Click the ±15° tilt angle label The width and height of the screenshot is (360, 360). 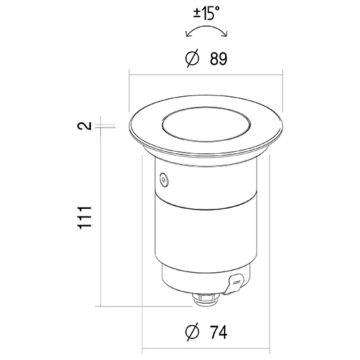point(206,13)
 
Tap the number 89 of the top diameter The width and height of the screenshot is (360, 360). point(219,59)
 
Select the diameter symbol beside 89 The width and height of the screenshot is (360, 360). point(192,58)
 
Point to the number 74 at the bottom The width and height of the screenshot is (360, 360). point(219,332)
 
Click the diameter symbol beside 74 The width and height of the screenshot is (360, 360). point(192,332)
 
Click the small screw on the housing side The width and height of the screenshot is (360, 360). point(164,179)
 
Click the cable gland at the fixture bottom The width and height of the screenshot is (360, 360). point(206,298)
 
